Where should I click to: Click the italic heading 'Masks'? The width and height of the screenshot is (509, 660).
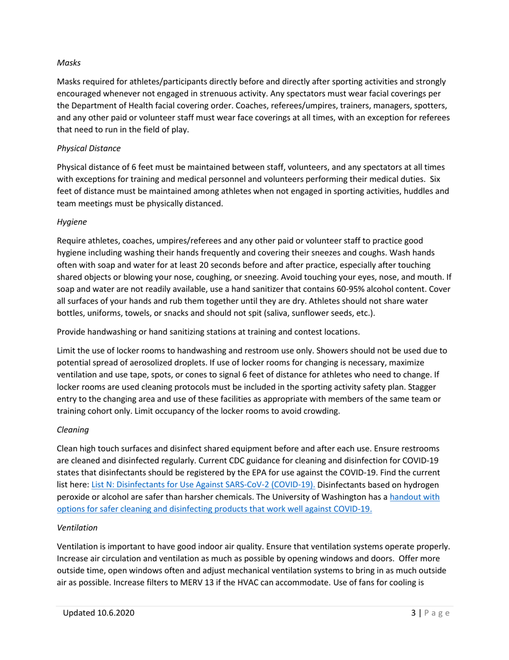click(69, 63)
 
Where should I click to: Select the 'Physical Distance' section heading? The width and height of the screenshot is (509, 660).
click(88, 148)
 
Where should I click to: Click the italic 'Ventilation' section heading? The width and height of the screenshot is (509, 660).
click(77, 527)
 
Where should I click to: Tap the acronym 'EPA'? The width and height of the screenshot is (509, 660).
click(273, 473)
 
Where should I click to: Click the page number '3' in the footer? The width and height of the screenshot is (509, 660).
click(406, 613)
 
